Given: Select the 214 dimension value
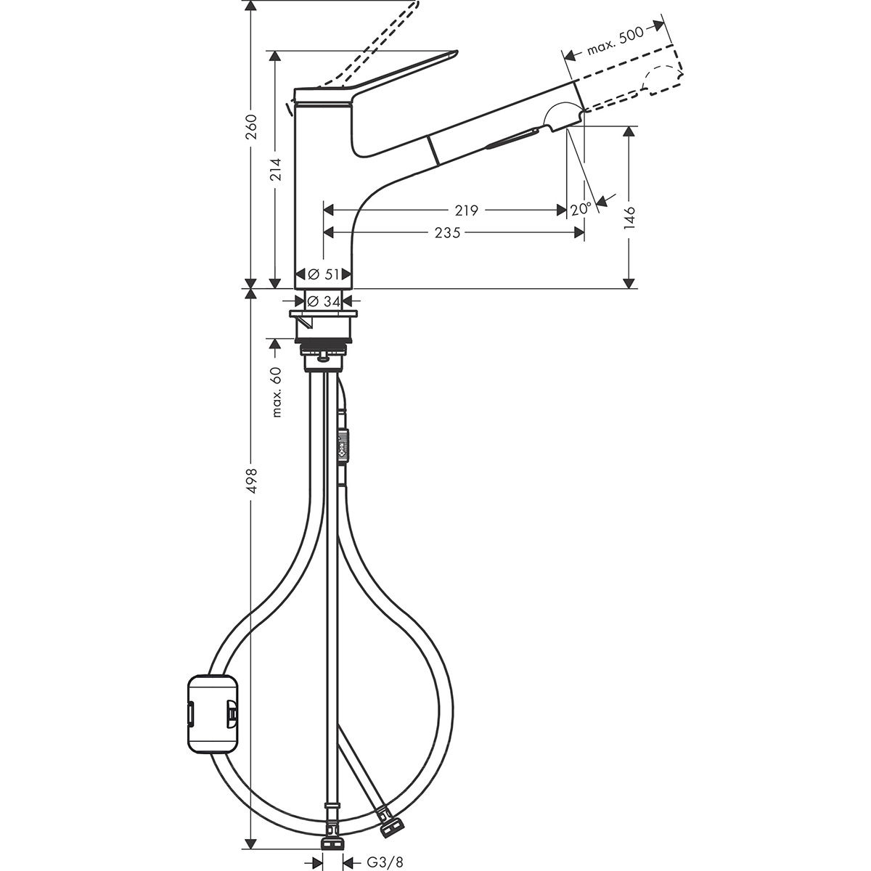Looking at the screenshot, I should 274,168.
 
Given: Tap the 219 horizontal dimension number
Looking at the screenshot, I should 466,210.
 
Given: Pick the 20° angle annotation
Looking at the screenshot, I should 581,209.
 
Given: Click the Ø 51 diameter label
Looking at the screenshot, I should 324,274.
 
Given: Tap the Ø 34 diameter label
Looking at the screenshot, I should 324,301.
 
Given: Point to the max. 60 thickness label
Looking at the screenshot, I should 276,391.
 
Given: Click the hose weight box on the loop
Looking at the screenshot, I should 213,713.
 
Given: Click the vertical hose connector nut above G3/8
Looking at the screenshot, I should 332,842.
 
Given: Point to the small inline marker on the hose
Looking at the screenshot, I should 343,444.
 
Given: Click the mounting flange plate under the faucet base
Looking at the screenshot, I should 324,315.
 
